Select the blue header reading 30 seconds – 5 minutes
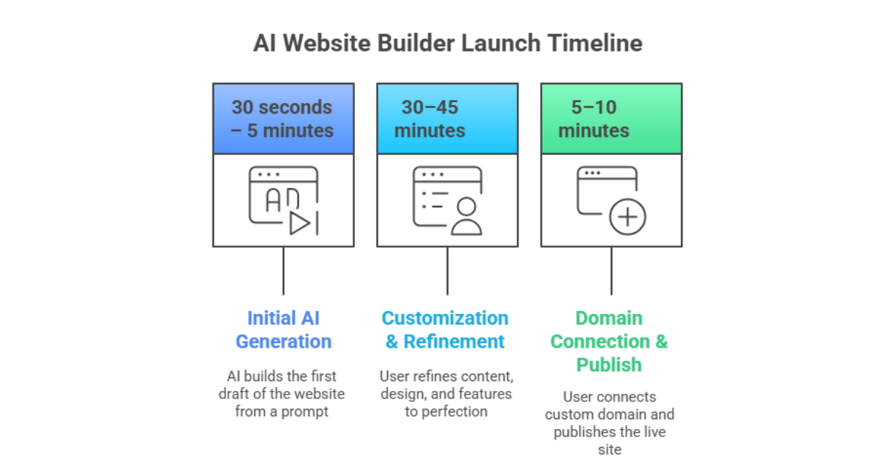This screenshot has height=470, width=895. point(283,119)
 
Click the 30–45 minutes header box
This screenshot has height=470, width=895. point(447,119)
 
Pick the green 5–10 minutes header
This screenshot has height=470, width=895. point(611,119)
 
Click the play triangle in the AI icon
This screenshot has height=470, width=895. point(300,223)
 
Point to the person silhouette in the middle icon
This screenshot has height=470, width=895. point(467,217)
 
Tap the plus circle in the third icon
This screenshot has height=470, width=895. point(627,217)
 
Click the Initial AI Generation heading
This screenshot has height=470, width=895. point(283,330)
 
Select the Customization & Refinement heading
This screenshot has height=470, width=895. point(445,330)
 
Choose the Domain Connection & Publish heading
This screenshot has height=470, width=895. point(609,341)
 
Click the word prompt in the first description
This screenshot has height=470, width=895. point(304,412)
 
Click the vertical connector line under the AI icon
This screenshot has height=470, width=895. point(283,270)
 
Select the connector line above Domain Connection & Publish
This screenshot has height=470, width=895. point(612,270)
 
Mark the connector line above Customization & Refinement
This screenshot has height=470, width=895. point(447,270)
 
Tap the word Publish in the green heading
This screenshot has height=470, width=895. point(609,365)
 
